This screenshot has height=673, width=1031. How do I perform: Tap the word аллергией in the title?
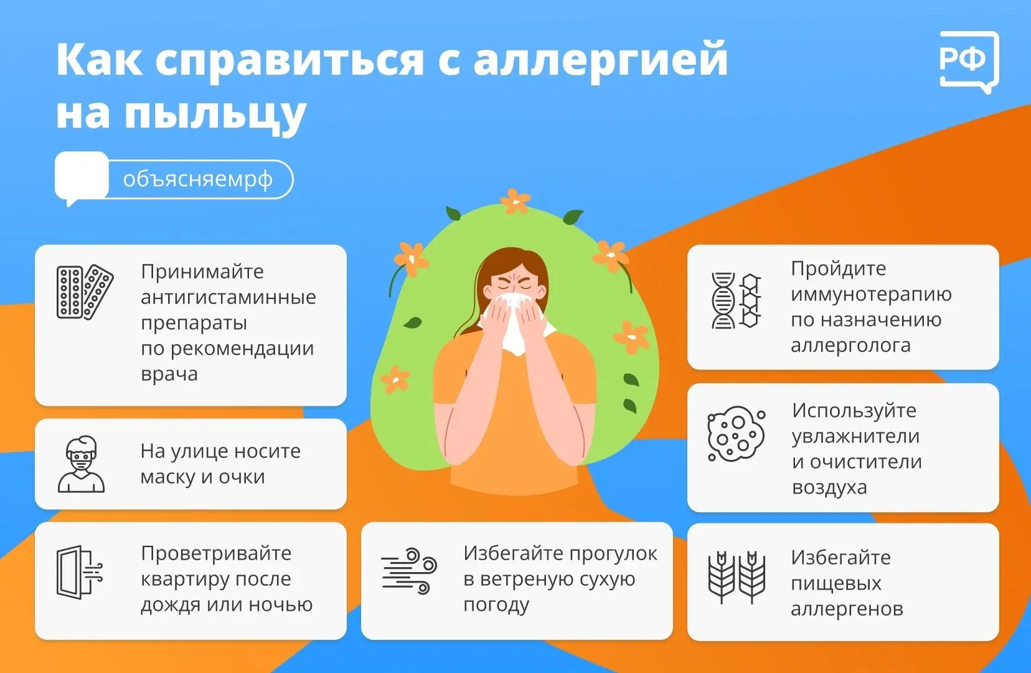[601, 60]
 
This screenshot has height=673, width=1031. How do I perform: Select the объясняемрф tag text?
[198, 179]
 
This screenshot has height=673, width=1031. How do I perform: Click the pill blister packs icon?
[85, 292]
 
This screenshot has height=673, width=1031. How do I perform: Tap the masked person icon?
[81, 464]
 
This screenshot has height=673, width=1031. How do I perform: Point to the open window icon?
[79, 573]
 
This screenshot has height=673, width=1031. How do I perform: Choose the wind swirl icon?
[409, 571]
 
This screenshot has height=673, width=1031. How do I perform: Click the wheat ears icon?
[737, 577]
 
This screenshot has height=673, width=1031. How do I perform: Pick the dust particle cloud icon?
[736, 434]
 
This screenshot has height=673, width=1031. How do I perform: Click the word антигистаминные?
[228, 297]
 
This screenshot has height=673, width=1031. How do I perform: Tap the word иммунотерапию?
[871, 295]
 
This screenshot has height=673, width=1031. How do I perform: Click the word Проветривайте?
[216, 553]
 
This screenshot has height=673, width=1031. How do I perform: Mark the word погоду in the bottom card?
[496, 605]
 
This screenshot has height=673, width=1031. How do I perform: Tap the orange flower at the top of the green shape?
[515, 201]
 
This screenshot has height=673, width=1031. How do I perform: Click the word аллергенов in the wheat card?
[847, 609]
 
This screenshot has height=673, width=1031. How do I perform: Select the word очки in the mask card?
[242, 477]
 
